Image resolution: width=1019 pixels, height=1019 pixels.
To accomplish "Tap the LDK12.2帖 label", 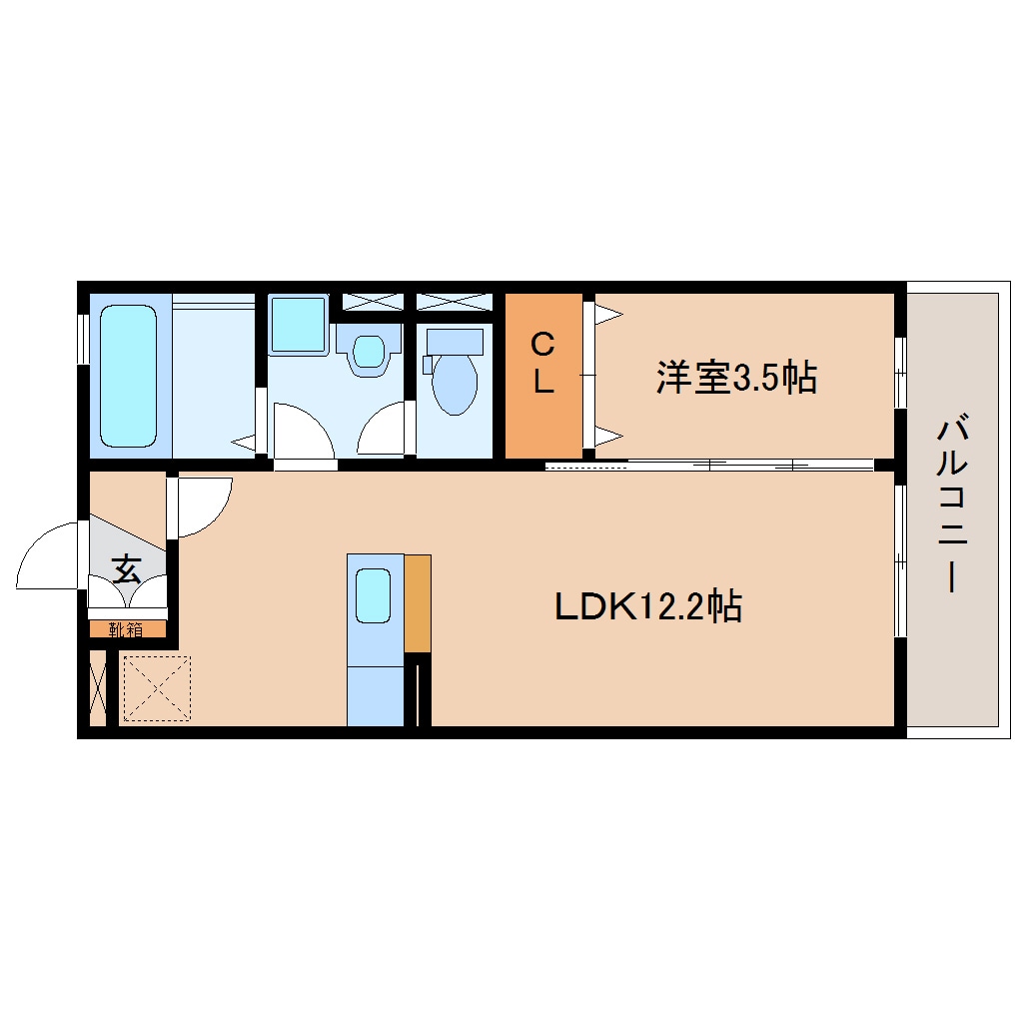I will point(647,605).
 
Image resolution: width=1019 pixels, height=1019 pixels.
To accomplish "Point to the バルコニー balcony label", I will point(951,506).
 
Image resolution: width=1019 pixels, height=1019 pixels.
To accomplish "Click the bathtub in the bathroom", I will point(129,375).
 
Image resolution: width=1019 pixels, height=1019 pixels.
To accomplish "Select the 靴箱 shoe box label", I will point(126,629).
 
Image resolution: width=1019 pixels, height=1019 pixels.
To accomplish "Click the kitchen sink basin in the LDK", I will point(374,596).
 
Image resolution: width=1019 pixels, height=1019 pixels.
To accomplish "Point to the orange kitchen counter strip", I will point(418,603).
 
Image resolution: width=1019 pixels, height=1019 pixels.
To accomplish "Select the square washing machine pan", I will point(298,324).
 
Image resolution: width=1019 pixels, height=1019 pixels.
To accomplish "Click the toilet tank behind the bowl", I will point(455,342).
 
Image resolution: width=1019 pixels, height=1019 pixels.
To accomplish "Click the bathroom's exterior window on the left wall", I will point(83,339).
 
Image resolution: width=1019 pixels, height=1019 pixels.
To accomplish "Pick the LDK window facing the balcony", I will point(899,560).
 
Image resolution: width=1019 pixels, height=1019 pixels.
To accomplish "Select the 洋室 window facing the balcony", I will point(899,373).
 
